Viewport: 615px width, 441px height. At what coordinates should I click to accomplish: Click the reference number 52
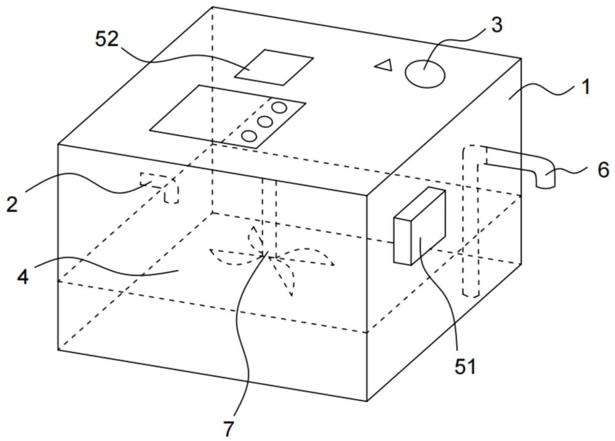[x=106, y=39]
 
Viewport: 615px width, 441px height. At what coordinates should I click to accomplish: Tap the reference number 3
[x=496, y=25]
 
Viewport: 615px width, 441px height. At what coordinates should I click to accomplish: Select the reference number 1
[x=585, y=87]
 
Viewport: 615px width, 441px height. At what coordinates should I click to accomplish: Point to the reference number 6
[x=604, y=170]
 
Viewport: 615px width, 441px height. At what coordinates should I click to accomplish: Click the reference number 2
[x=12, y=204]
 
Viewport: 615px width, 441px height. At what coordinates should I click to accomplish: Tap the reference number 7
[x=229, y=429]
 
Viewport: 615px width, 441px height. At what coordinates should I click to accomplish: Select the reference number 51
[x=465, y=367]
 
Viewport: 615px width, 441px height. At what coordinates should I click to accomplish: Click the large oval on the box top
[x=425, y=73]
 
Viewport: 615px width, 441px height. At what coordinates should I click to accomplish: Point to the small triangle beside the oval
[x=384, y=65]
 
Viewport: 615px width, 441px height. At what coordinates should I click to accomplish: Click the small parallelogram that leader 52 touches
[x=274, y=67]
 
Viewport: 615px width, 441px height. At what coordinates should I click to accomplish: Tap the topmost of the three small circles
[x=280, y=107]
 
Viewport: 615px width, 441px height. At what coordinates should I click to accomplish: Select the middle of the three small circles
[x=265, y=122]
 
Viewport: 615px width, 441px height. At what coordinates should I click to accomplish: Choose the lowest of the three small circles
[x=250, y=136]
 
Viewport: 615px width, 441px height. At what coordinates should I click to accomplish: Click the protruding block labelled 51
[x=419, y=226]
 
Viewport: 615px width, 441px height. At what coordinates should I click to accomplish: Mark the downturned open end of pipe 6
[x=546, y=185]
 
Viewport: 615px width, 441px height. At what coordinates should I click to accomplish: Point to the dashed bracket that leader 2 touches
[x=160, y=187]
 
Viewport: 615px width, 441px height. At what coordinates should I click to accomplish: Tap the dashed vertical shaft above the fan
[x=269, y=218]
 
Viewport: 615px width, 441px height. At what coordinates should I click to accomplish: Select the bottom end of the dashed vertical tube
[x=470, y=293]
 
